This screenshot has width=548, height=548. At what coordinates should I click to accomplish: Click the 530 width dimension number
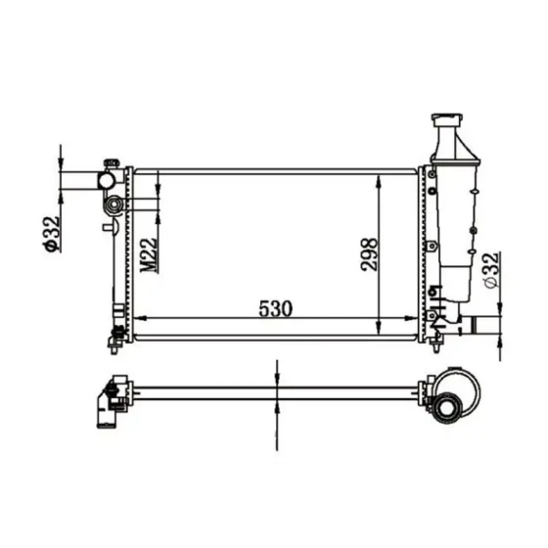pos(275,308)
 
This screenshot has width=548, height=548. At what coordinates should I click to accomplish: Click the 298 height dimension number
pos(369,254)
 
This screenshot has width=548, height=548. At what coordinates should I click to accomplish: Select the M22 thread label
pos(149,255)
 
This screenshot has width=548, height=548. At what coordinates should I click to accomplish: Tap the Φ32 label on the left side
pos(51,234)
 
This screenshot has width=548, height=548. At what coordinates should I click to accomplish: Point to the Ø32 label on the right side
pos(491,270)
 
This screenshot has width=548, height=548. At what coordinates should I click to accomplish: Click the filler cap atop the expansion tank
pos(447,119)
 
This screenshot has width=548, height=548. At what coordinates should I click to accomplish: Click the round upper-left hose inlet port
pos(106,181)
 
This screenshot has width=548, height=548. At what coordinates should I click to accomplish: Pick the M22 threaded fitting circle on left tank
pos(113,205)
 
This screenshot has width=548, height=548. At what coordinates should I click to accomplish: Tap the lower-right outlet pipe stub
pos(470,325)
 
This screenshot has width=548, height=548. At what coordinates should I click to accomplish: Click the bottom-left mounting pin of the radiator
pos(114,349)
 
